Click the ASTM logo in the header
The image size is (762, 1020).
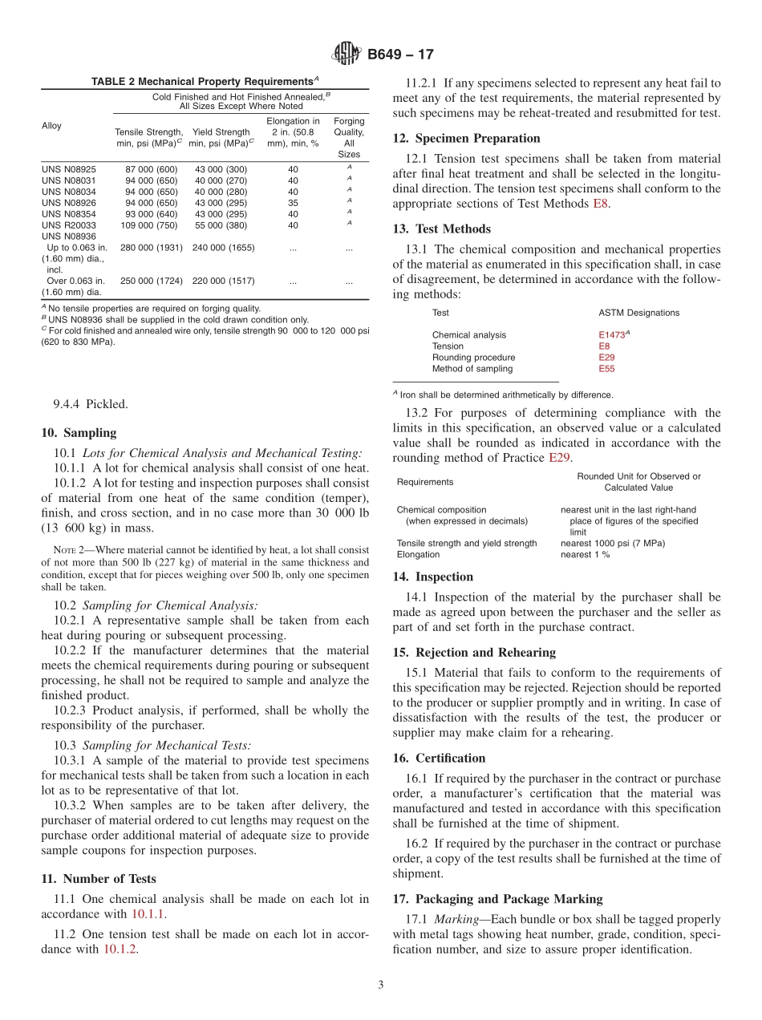pos(347,54)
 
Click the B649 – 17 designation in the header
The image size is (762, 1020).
pos(400,55)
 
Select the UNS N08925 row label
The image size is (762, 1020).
pos(68,170)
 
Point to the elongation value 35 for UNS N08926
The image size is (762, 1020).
pos(293,204)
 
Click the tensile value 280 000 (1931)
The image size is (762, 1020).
pos(152,249)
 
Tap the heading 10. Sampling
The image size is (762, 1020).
pos(79,433)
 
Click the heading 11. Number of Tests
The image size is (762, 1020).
pos(99,879)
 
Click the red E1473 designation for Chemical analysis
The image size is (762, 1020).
pos(611,335)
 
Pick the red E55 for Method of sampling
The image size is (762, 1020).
pos(606,369)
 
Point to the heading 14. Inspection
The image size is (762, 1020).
pos(433,577)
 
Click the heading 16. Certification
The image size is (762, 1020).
pos(439,759)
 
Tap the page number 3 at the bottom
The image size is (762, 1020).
pos(381,985)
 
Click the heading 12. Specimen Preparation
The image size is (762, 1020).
pos(466,138)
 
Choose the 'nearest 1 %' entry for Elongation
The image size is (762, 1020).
pos(585,555)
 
